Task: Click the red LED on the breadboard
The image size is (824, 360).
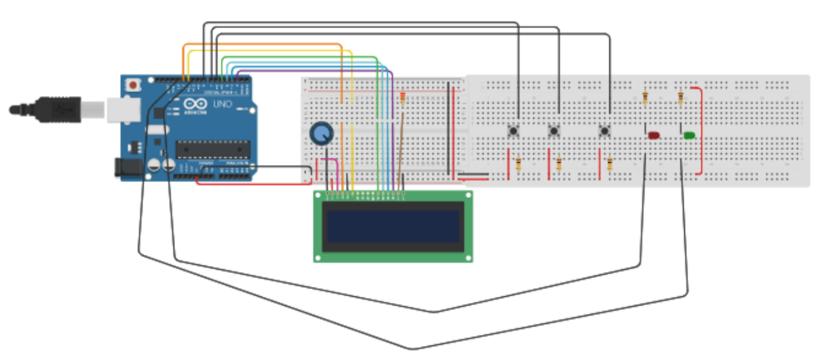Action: tap(654, 135)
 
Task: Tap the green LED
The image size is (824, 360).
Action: tap(689, 135)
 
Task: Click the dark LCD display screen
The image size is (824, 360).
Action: tap(393, 226)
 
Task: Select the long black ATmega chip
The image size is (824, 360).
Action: tap(213, 149)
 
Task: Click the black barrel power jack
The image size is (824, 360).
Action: tap(128, 167)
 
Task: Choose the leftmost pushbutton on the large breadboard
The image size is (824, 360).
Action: tap(514, 131)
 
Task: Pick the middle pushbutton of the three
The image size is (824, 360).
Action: tap(554, 131)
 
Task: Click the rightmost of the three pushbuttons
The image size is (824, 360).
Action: tap(605, 131)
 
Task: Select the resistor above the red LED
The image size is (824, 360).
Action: tap(646, 99)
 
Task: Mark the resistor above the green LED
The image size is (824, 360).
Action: tap(681, 99)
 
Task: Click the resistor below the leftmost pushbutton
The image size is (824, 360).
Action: tap(519, 165)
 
